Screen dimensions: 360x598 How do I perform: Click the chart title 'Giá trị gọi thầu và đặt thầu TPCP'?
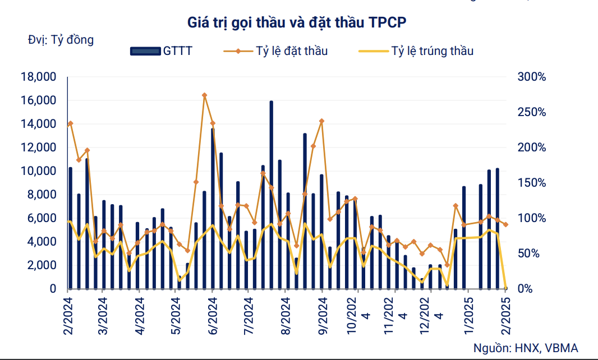click(x=298, y=22)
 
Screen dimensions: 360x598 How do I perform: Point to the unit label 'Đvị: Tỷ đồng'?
click(x=61, y=40)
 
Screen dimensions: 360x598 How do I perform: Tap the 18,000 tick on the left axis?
click(x=38, y=77)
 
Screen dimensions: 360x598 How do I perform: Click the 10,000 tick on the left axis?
click(x=38, y=171)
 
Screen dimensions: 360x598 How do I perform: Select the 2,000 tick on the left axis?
click(x=40, y=265)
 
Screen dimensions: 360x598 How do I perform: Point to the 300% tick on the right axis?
click(x=531, y=77)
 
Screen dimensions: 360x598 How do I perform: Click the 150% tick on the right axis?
click(x=531, y=183)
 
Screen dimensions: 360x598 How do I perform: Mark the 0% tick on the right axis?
click(x=526, y=289)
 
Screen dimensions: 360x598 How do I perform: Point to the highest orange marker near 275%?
click(x=204, y=95)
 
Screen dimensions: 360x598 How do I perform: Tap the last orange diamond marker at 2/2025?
click(x=506, y=224)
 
